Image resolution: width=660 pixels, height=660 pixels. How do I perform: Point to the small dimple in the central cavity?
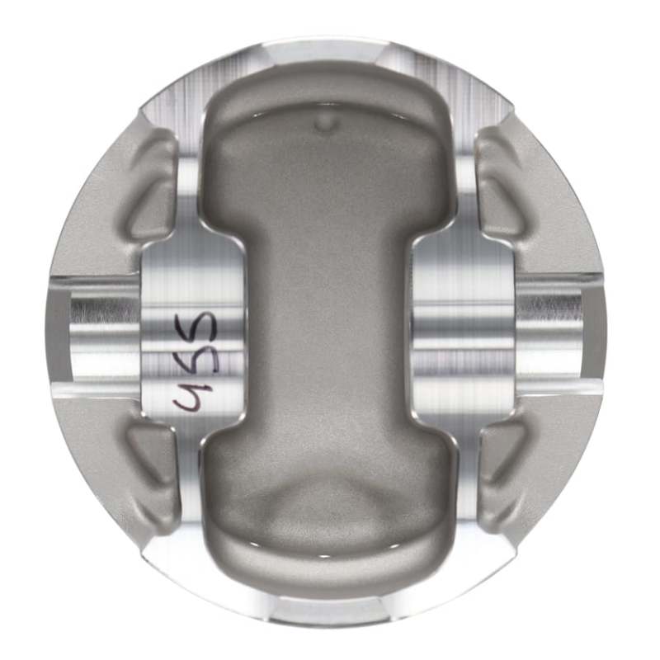(327, 125)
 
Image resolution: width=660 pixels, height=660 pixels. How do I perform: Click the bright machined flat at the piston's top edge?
(330, 51)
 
